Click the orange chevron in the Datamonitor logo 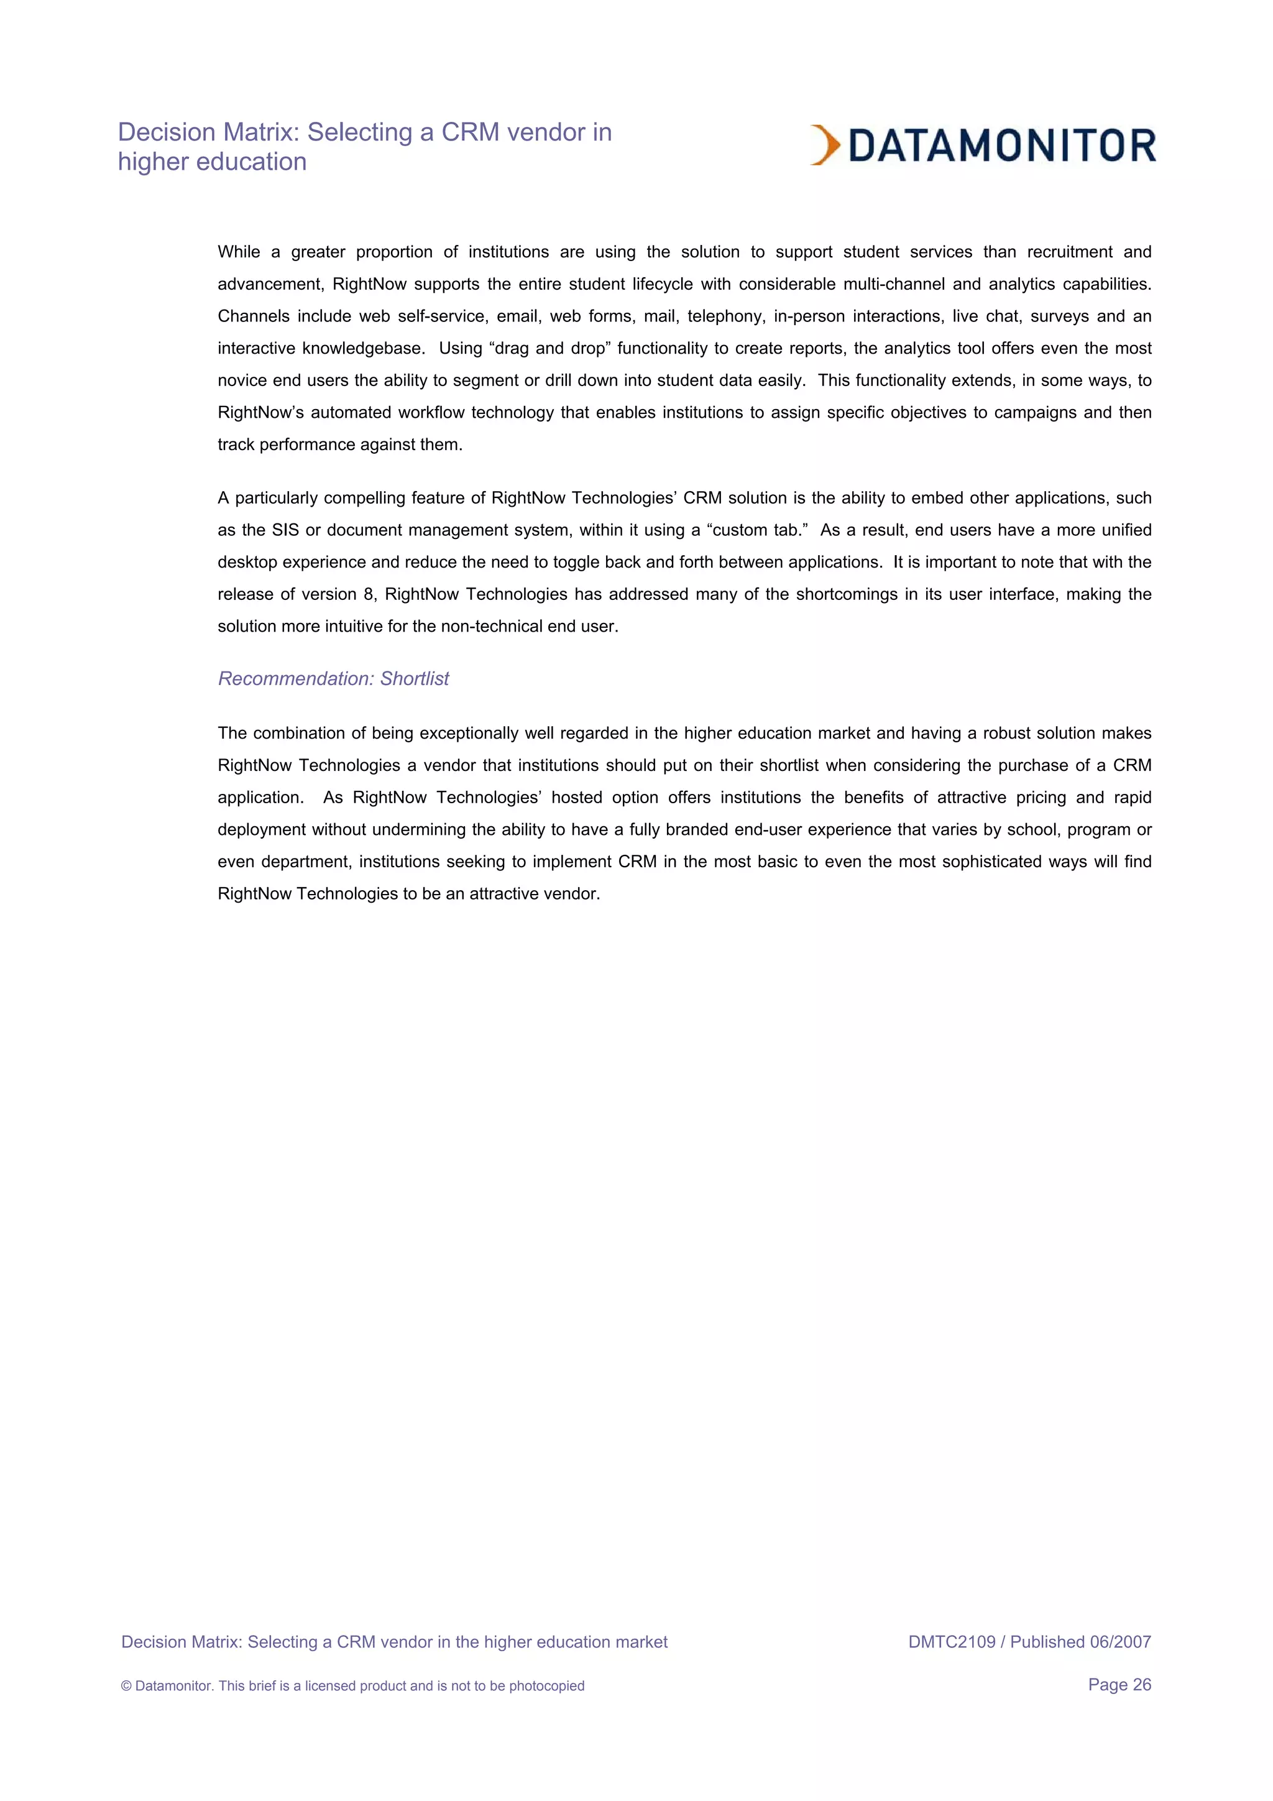(825, 145)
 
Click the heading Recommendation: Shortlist (333, 678)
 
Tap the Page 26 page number (1119, 1684)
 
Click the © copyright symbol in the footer (126, 1686)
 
